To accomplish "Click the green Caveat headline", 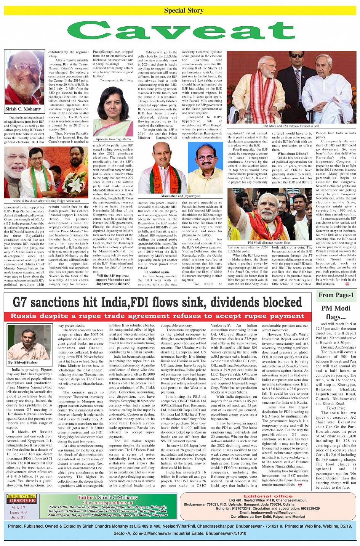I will (181, 30).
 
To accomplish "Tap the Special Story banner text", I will (184, 10).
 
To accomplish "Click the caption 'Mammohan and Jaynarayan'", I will (181, 196).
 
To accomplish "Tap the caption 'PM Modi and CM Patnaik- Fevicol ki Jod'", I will (291, 126).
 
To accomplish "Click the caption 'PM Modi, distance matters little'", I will (269, 242).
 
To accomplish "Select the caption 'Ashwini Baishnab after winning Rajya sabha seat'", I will (46, 201).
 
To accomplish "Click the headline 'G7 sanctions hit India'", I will (157, 302).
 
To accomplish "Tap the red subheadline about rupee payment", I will (157, 316).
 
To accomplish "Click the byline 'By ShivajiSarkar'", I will (23, 363).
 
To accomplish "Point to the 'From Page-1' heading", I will (336, 295).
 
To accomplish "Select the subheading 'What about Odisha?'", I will (292, 154).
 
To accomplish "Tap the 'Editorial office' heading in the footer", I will (268, 496).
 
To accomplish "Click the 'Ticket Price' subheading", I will (333, 408).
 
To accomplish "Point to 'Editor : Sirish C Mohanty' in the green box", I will (108, 498).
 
